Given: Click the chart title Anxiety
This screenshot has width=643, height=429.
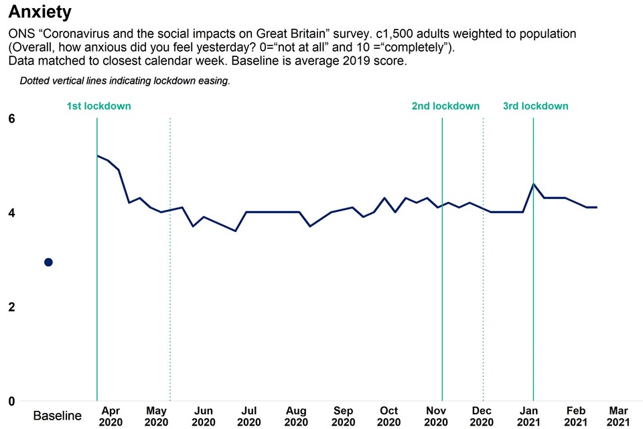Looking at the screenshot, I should coord(40,12).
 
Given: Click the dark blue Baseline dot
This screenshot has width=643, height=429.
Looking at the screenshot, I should coord(48,262).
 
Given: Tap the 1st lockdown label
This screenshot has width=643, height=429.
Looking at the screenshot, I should coord(98,106).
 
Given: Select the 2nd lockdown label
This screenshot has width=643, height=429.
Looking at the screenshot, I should coord(445,106).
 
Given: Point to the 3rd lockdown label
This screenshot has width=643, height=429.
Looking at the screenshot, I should coord(535,106).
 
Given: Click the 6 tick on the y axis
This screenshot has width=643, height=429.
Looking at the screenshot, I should coord(11,119).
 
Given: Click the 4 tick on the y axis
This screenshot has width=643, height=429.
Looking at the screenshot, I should coord(11,213).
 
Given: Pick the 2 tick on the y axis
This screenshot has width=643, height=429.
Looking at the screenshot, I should coord(11,307).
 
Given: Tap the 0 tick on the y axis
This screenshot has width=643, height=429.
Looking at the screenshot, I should coord(11,402).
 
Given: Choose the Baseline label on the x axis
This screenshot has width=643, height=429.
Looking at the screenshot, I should coord(58,416).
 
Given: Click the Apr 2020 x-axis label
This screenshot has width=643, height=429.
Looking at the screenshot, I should coord(111,416).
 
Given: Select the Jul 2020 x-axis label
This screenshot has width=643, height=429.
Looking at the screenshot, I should coord(248,416).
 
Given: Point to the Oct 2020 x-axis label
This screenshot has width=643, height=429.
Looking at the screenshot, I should coord(388,416).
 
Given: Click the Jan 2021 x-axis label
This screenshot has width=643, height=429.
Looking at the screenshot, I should coord(529,416).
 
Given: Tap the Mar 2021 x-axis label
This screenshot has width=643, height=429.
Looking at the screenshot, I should coord(618,416).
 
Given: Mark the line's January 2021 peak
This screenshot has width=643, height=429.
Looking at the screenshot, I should coord(533,184).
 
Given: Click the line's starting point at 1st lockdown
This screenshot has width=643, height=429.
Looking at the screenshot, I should coord(98,156).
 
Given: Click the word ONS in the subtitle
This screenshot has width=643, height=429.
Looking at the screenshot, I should coord(20,34).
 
